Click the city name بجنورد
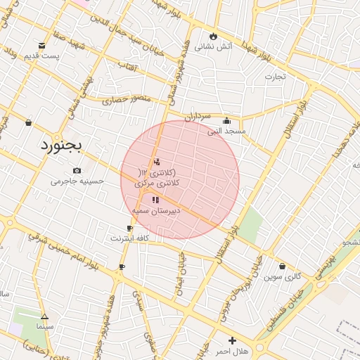click(60, 146)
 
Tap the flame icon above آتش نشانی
click(213, 36)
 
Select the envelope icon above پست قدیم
click(43, 44)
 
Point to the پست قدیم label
click(40, 56)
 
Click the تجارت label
click(275, 77)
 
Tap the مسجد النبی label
click(226, 131)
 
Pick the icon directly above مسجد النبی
click(227, 120)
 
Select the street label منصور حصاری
click(127, 100)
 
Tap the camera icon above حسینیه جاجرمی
click(77, 170)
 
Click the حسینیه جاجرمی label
click(77, 181)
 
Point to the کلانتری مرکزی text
click(159, 178)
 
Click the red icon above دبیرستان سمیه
click(155, 200)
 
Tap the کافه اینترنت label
click(129, 238)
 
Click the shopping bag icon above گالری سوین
click(283, 266)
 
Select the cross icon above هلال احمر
click(231, 340)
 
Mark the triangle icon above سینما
click(44, 316)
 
